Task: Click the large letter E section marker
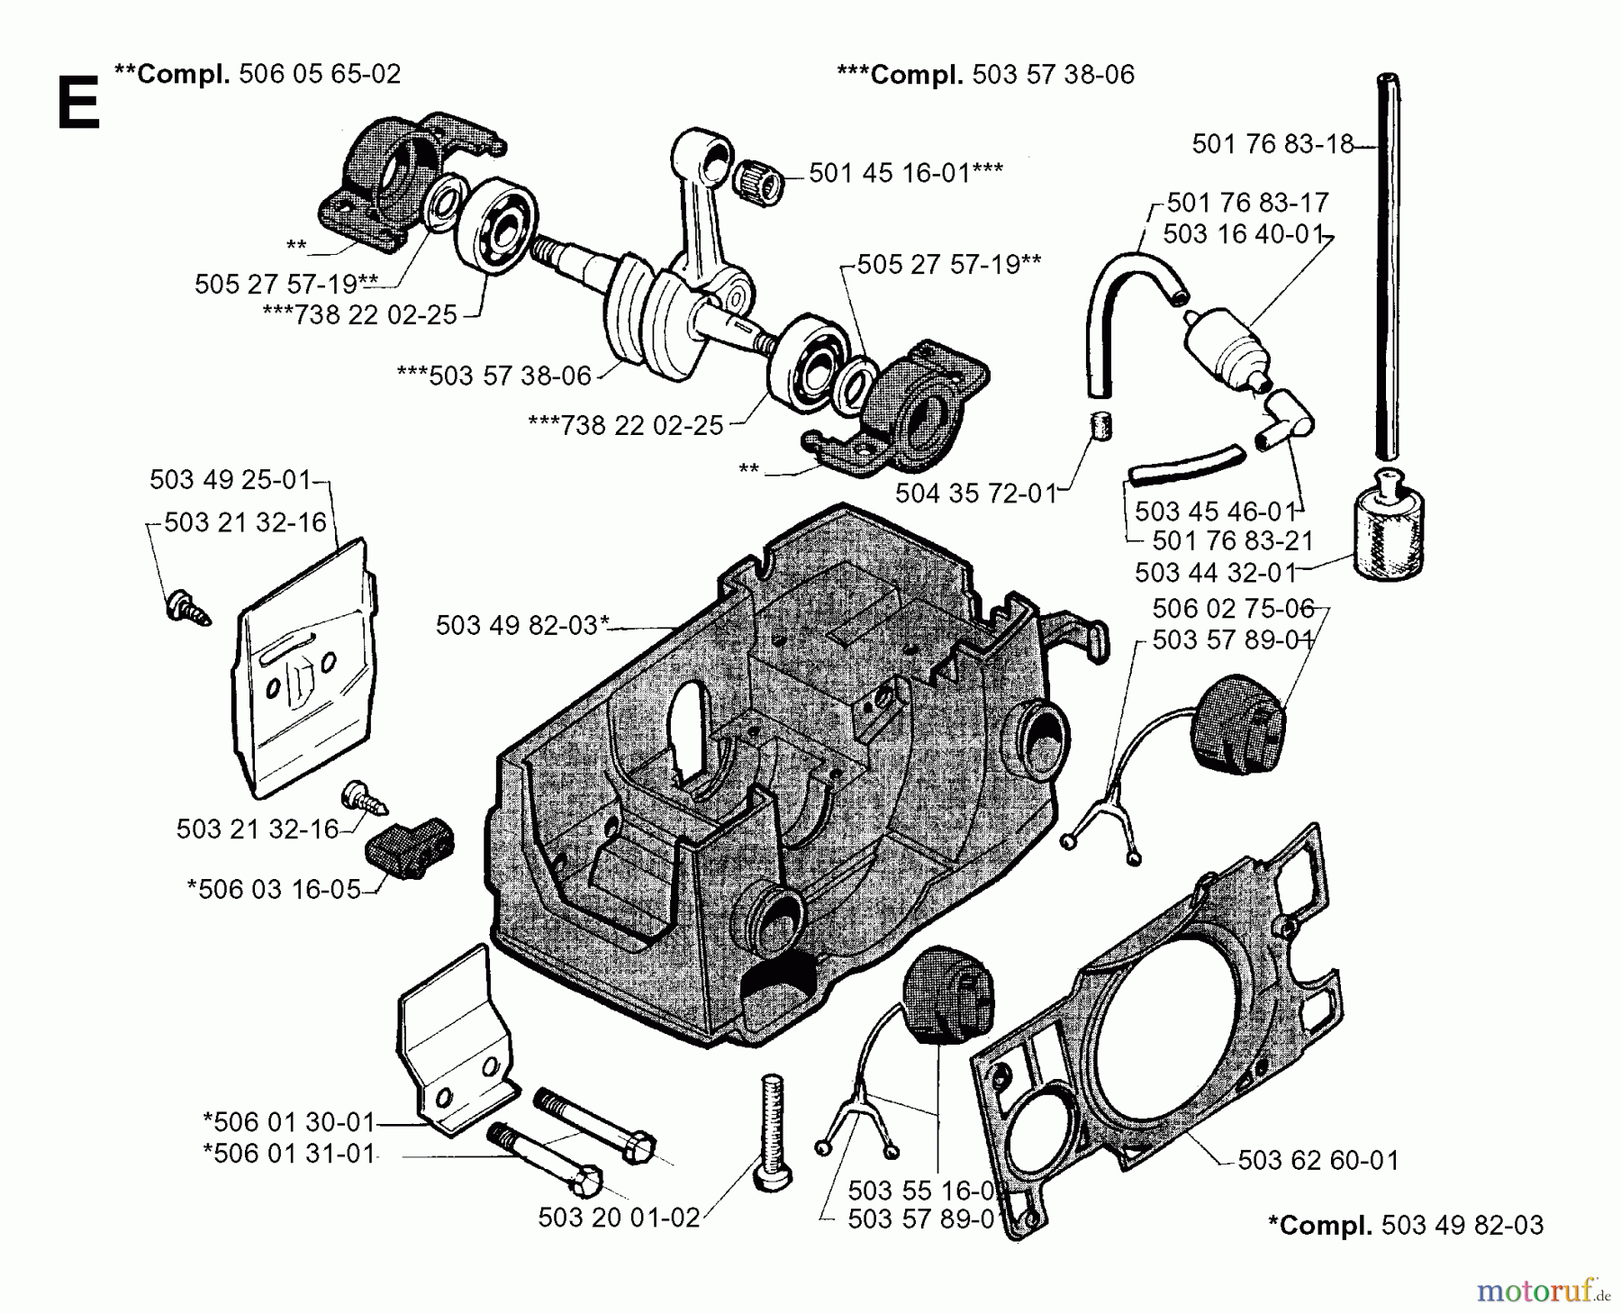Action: [x=77, y=105]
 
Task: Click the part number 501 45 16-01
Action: [x=905, y=173]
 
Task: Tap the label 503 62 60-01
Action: [x=1318, y=1160]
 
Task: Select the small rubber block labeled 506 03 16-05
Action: [x=409, y=846]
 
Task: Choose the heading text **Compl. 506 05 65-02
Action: [x=258, y=73]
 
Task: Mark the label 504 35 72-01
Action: [x=975, y=493]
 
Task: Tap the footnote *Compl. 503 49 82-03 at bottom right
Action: [x=1405, y=1225]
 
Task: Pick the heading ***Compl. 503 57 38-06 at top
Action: [x=985, y=74]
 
